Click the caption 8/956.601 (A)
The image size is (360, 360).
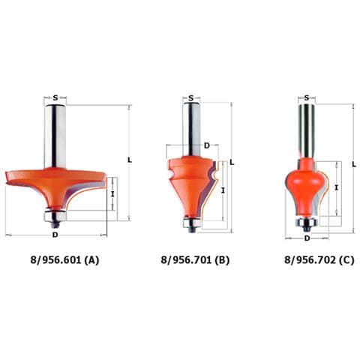point(64,260)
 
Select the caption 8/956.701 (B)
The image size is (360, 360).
point(195,260)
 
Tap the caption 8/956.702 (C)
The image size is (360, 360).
point(319,260)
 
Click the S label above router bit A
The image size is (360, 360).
point(55,97)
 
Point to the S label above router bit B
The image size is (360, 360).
point(191,98)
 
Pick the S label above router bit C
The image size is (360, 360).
point(307,98)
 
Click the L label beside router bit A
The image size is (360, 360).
point(130,160)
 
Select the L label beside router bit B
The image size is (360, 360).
point(232,163)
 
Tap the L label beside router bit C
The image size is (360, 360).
point(354,164)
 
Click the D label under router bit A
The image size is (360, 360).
point(55,235)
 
